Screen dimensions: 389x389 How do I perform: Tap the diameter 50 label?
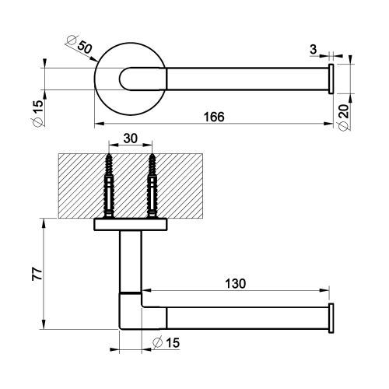pyautogui.click(x=81, y=46)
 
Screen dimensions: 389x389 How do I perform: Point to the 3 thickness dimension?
pyautogui.click(x=313, y=50)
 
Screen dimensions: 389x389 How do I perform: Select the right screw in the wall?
pyautogui.click(x=152, y=184)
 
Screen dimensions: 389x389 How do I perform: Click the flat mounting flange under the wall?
pyautogui.click(x=131, y=225)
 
